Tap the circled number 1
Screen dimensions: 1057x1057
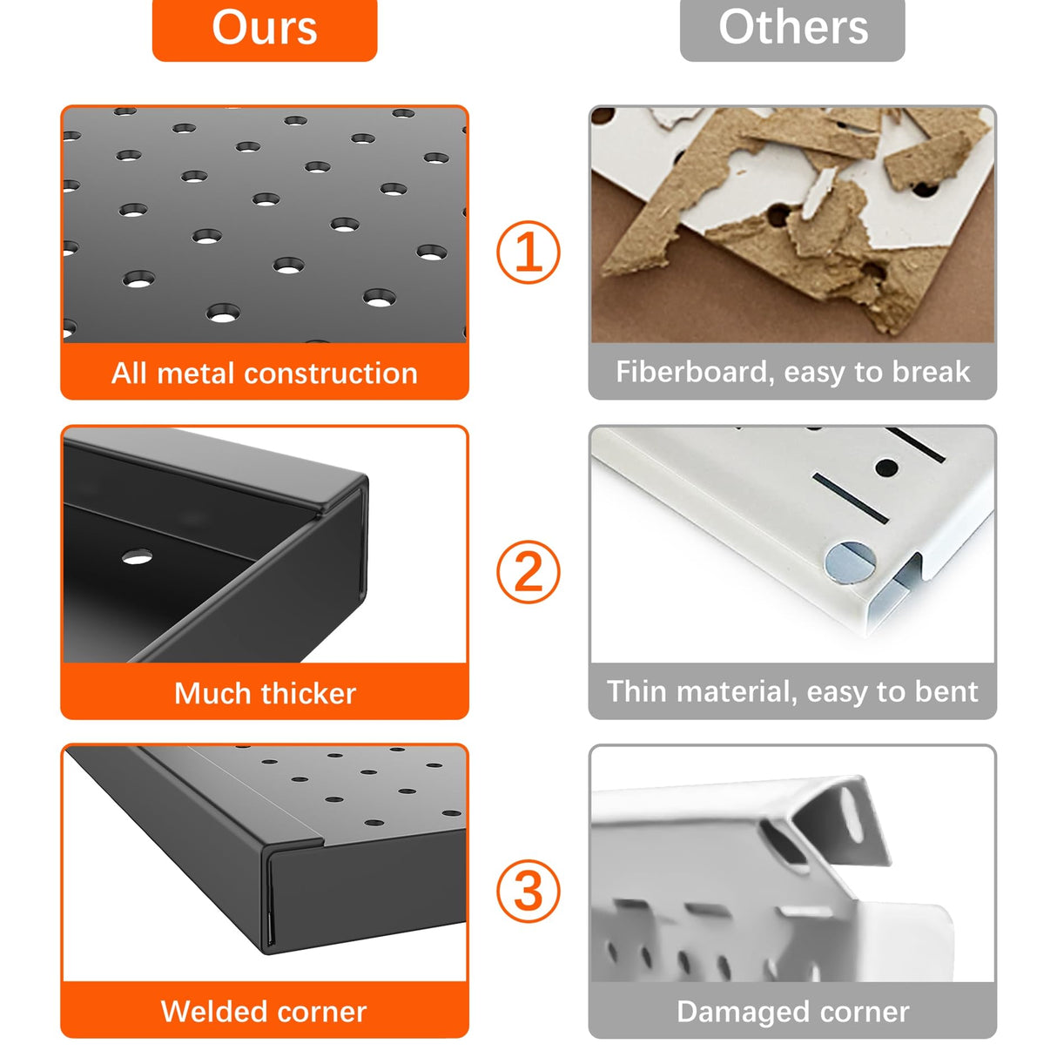(528, 252)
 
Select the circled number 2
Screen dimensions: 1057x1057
(528, 572)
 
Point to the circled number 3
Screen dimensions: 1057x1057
(528, 892)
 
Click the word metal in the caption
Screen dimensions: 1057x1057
(197, 374)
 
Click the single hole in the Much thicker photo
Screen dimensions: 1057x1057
(137, 557)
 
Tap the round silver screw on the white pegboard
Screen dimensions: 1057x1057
(850, 562)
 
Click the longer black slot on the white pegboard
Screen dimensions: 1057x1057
(850, 497)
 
